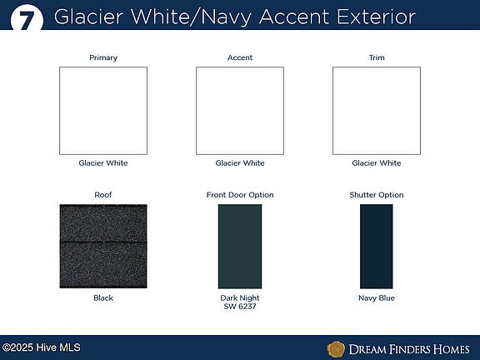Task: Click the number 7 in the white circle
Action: point(27,21)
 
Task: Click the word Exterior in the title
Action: point(376,17)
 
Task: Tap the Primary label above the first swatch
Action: point(103,57)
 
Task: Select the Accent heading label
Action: point(240,57)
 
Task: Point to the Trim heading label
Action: point(377,57)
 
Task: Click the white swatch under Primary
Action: point(103,111)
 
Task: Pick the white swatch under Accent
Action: point(240,111)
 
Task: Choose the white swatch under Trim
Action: point(377,111)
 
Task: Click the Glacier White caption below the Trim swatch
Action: point(377,162)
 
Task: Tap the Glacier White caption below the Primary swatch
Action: point(103,162)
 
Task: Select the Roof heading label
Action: point(103,195)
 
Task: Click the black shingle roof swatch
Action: point(103,246)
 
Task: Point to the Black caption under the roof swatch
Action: point(103,297)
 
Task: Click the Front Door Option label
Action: point(240,195)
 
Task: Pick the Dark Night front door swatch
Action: point(240,247)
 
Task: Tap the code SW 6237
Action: point(240,307)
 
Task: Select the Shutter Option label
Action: point(377,195)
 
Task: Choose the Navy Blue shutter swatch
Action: point(376,247)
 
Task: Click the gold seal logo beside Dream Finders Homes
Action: point(336,349)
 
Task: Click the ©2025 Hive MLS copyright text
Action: point(42,347)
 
